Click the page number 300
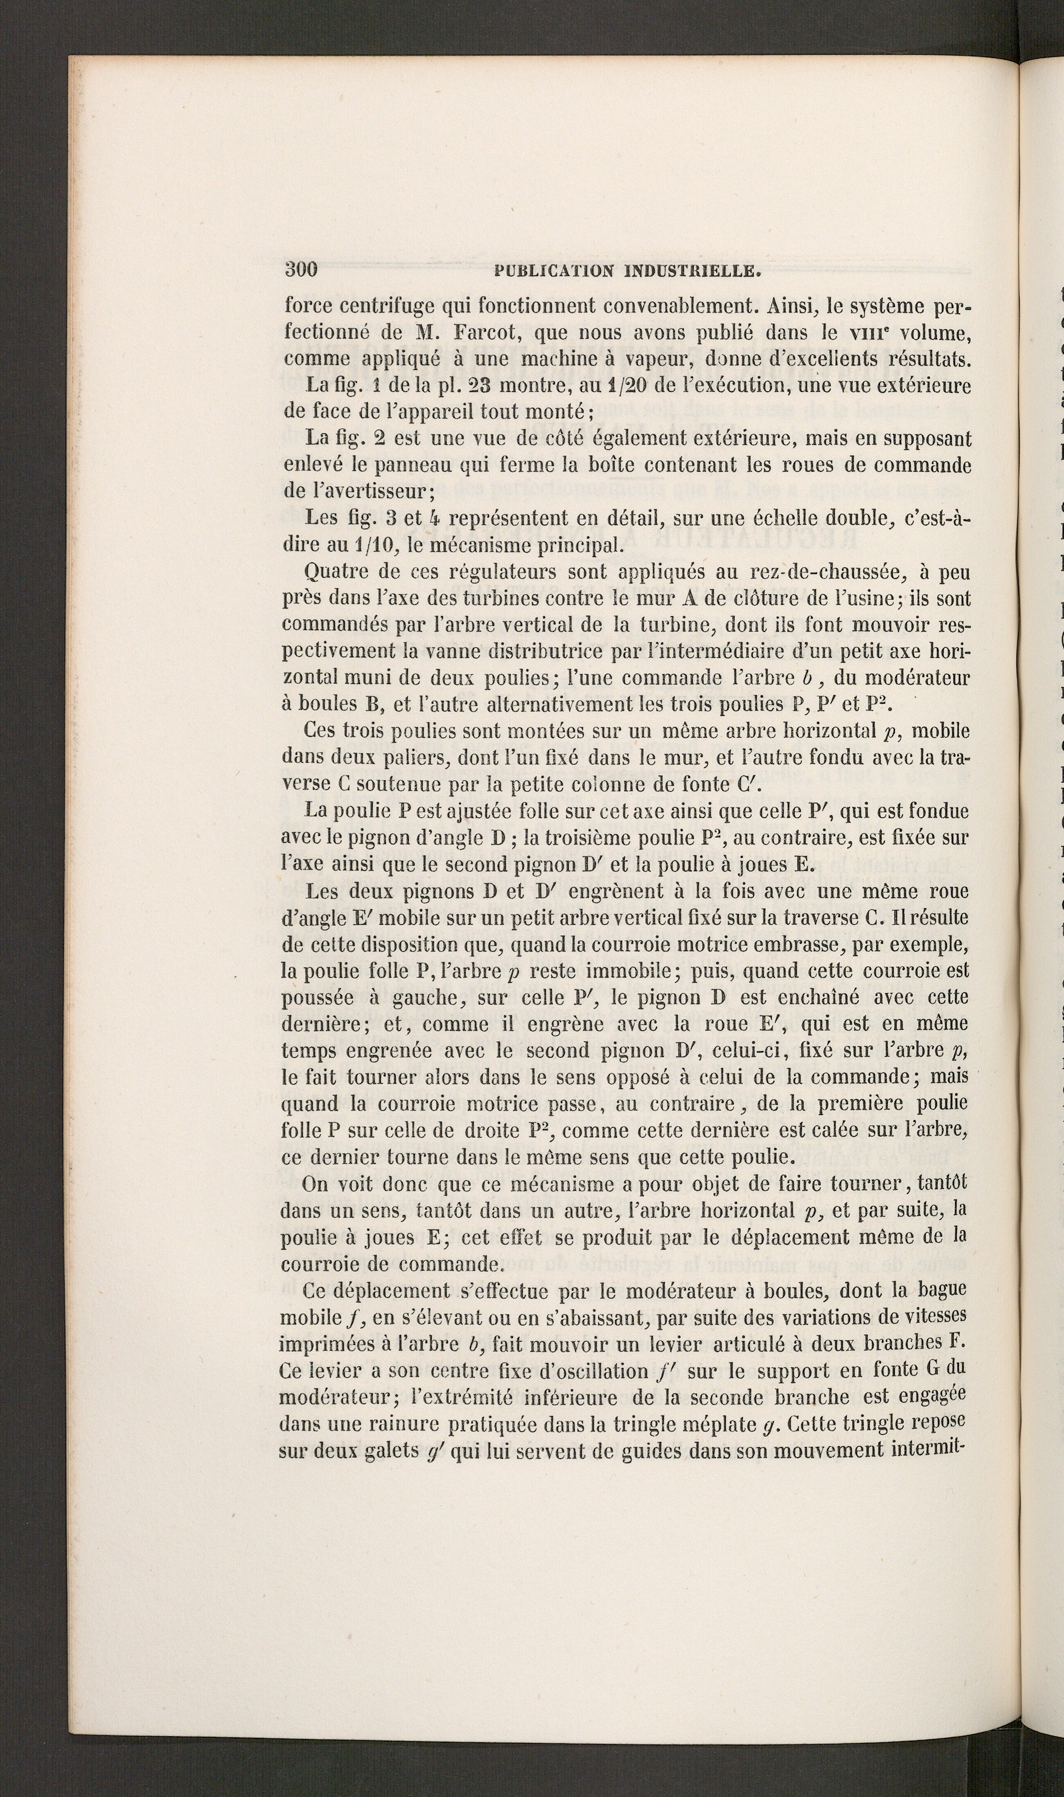point(300,270)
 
